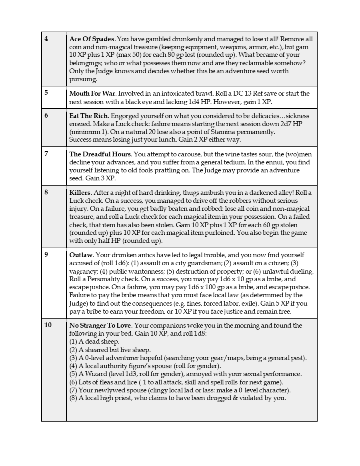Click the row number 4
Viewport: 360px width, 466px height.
point(46,39)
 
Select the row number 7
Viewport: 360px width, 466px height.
point(46,154)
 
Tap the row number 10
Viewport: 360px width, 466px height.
point(48,325)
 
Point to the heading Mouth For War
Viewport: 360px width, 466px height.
point(92,94)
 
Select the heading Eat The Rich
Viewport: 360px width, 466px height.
point(88,116)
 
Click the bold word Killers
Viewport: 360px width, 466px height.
point(80,192)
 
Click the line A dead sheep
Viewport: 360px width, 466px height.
point(94,342)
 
